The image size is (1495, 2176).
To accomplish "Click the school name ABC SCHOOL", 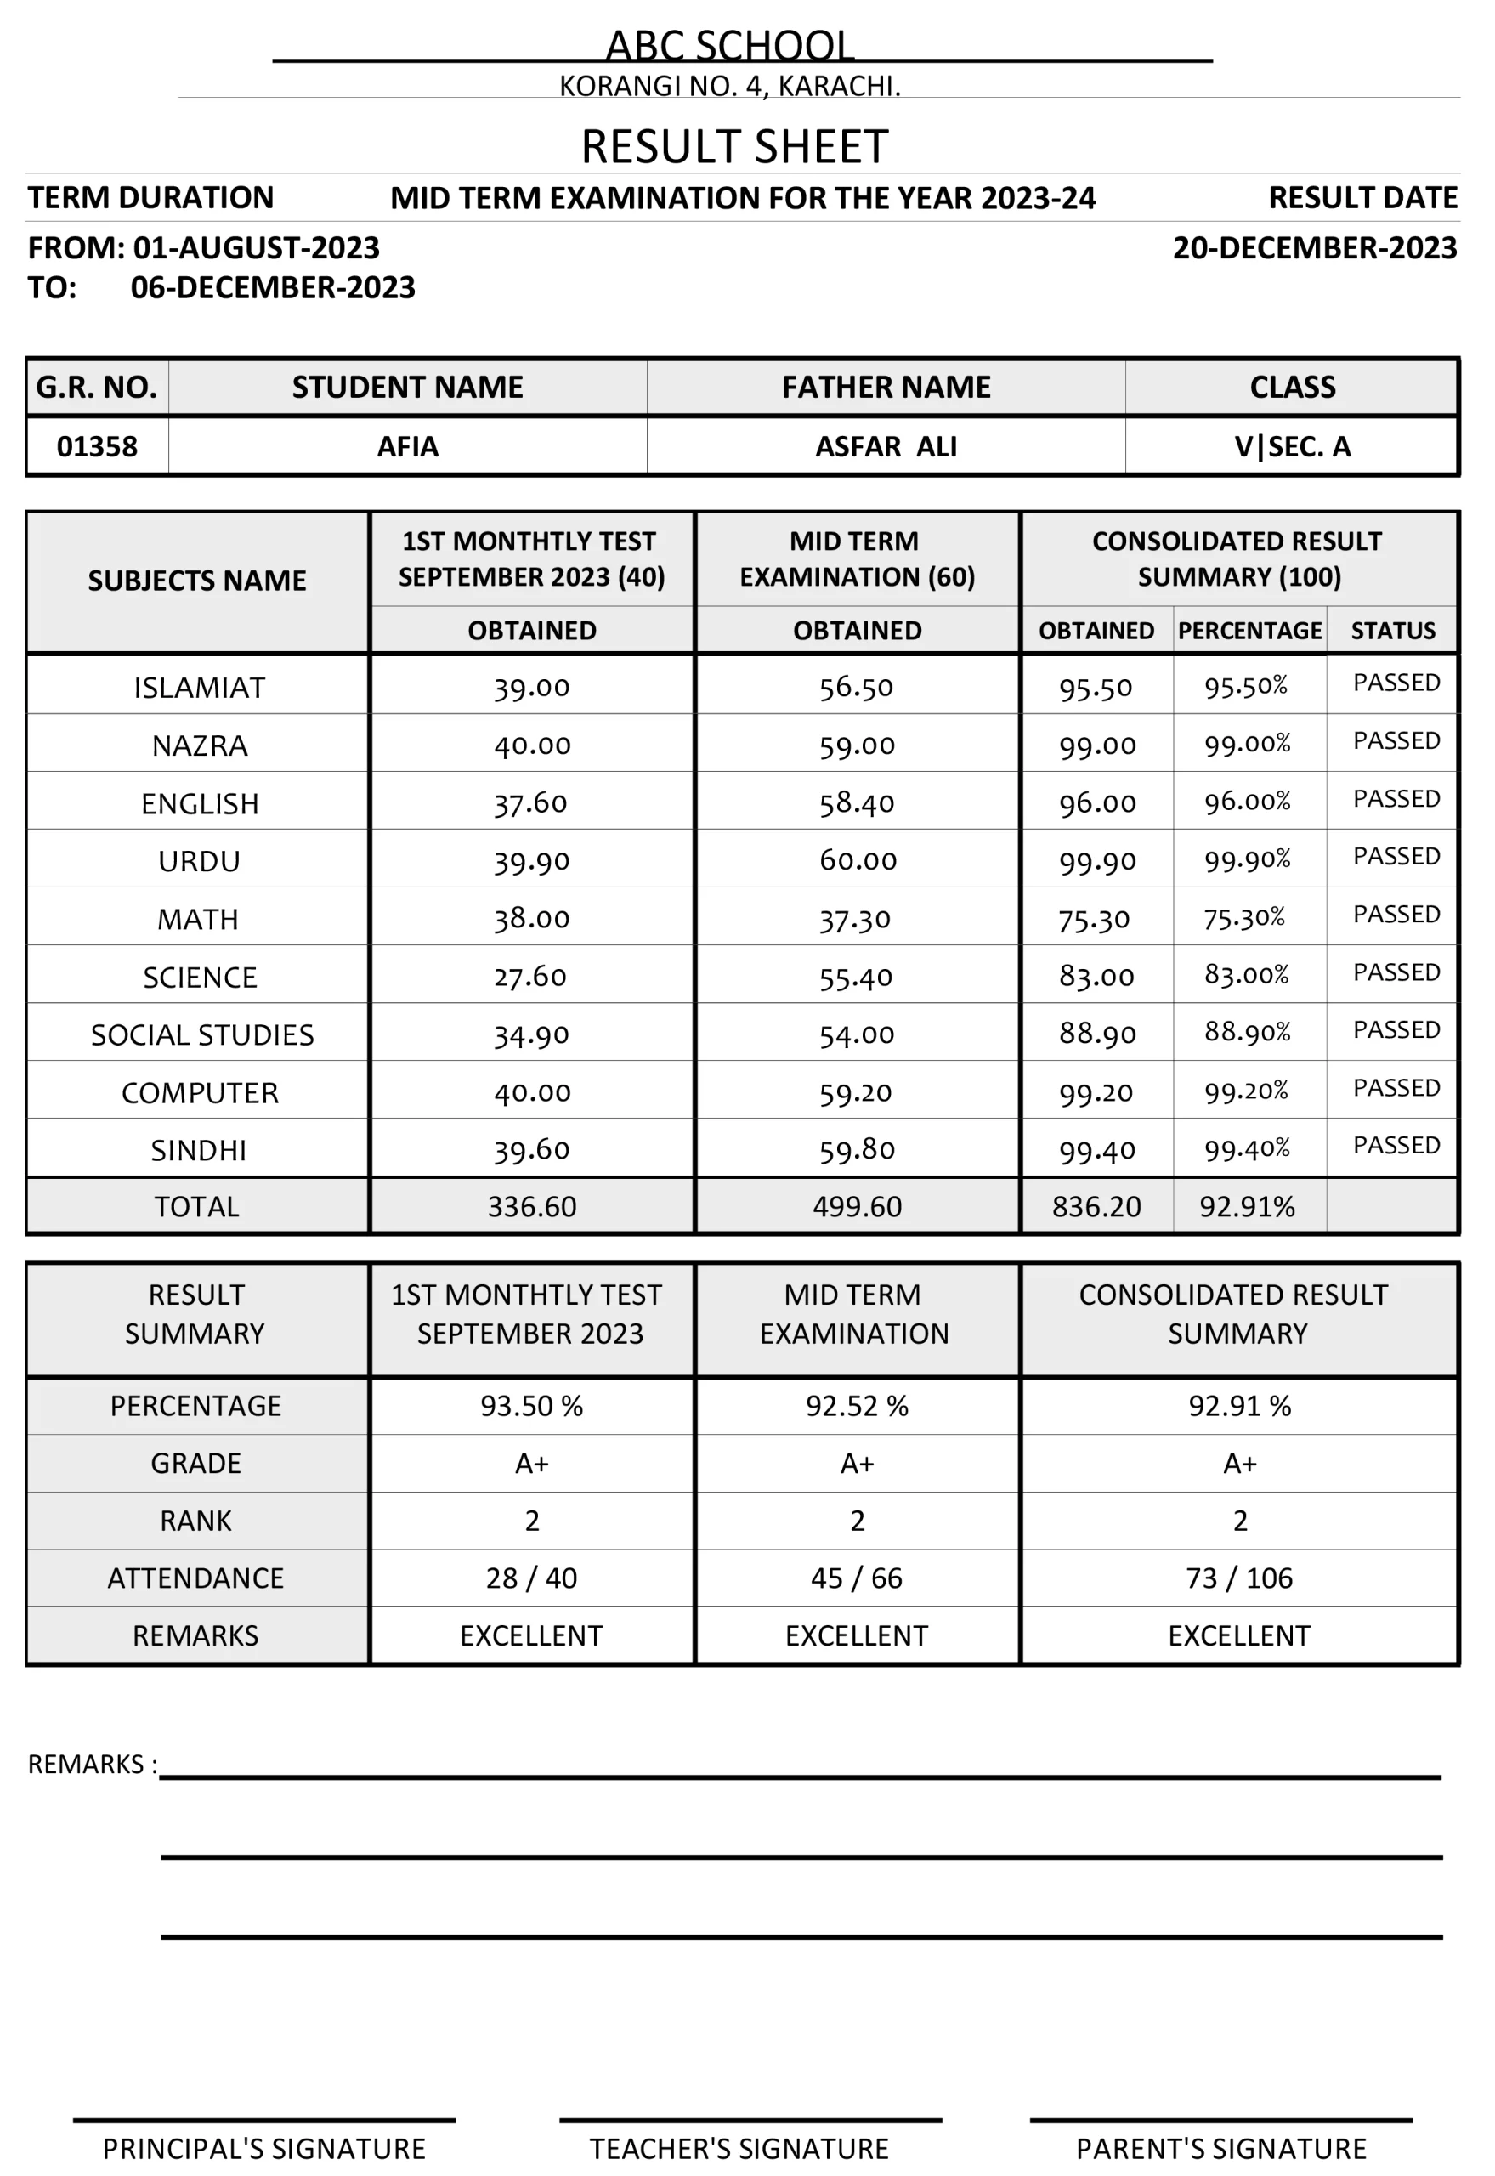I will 730,45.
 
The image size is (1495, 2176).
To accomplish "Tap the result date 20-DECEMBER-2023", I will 1314,248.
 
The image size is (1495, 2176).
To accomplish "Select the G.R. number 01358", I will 98,447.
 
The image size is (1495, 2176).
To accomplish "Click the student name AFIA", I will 407,447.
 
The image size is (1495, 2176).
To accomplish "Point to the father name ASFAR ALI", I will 886,447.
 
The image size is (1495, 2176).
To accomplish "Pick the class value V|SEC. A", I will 1292,447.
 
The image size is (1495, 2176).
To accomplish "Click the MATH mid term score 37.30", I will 856,920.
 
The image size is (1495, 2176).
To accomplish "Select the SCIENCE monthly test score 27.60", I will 530,977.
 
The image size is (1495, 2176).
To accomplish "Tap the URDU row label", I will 199,862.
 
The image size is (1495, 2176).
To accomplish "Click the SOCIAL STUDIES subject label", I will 202,1035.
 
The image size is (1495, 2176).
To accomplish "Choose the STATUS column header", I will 1393,631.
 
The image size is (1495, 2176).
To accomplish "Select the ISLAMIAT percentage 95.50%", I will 1246,687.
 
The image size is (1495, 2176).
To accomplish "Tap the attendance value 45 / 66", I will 856,1578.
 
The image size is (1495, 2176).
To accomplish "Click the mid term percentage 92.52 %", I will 856,1406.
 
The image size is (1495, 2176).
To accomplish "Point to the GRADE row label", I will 195,1463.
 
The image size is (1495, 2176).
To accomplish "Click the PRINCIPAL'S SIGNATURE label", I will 263,2147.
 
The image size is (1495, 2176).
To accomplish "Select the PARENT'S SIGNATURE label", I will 1220,2147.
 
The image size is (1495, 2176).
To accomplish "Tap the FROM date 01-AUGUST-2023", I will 256,248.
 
